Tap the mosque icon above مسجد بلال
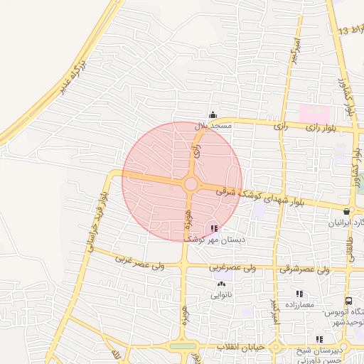[212, 115]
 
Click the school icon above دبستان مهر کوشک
[214, 228]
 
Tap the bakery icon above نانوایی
[221, 284]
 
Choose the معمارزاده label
[299, 304]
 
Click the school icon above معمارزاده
[299, 294]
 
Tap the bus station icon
[348, 301]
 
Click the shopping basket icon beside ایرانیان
[346, 211]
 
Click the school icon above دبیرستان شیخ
[320, 339]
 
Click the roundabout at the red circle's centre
[191, 184]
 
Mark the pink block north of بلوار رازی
[314, 114]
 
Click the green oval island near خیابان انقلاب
[183, 346]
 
